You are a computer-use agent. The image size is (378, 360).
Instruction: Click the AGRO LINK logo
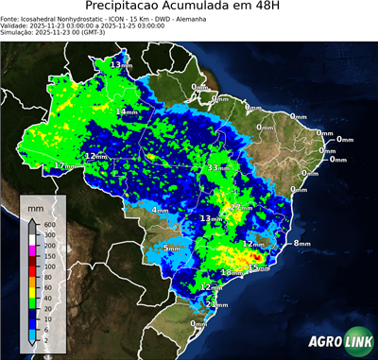[x=335, y=342]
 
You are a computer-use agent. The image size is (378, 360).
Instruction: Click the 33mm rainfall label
[x=217, y=167]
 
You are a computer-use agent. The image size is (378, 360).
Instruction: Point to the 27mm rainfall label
[x=242, y=207]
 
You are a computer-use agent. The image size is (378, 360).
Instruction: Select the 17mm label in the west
[x=63, y=165]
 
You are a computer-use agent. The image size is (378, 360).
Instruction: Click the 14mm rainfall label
[x=125, y=111]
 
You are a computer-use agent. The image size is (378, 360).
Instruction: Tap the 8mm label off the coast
[x=301, y=244]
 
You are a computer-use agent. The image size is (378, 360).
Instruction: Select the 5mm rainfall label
[x=171, y=248]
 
